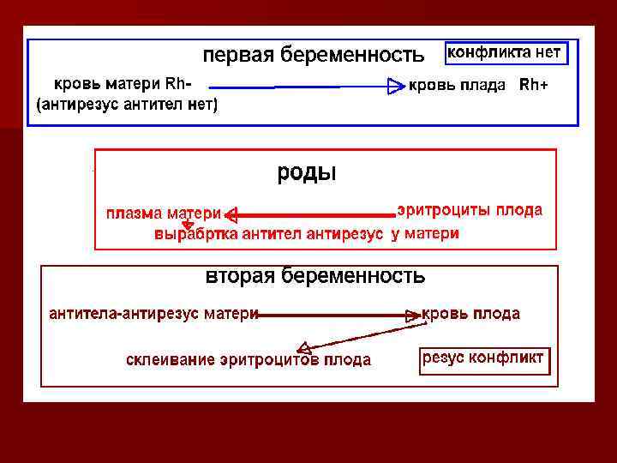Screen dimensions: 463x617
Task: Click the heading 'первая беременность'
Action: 313,56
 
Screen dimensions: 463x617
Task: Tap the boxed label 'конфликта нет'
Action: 504,52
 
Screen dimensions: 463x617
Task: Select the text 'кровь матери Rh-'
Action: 123,84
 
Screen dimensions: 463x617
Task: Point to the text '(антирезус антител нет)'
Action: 127,105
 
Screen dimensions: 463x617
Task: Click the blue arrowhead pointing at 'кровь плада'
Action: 395,86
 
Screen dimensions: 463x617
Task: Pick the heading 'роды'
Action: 306,172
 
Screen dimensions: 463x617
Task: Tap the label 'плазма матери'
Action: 164,213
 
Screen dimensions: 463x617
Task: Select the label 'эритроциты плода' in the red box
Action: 470,210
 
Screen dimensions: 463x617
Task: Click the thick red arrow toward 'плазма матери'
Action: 308,214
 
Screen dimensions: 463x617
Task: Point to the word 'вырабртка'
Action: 195,234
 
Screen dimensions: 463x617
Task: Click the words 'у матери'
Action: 425,234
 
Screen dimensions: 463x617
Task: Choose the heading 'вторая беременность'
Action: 314,276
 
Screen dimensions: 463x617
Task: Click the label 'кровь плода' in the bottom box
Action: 471,314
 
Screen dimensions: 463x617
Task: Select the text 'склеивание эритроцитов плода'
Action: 249,360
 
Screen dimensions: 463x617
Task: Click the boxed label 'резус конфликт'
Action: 483,358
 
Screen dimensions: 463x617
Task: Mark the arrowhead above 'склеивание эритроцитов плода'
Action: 303,347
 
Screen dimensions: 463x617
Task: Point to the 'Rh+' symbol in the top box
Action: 534,86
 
